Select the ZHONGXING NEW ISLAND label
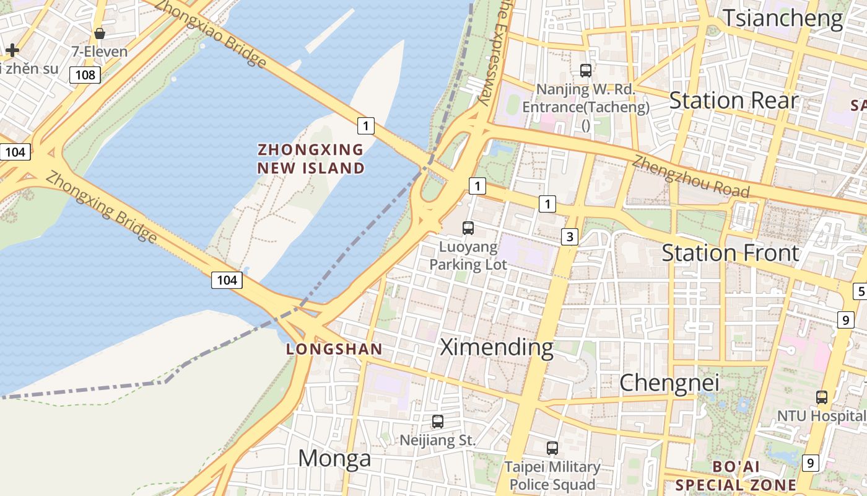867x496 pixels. (311, 159)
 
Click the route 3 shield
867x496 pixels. (570, 236)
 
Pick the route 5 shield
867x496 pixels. (860, 291)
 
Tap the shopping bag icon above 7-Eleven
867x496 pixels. (99, 33)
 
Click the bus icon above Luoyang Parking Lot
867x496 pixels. (468, 228)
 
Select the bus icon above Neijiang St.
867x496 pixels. (438, 422)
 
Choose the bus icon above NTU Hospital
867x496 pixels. (822, 397)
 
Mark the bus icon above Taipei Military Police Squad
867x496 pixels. (552, 448)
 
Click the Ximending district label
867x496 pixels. (497, 347)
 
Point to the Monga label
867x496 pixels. (334, 458)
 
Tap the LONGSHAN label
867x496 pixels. (334, 349)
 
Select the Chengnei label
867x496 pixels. (669, 383)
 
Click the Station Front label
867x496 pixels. (731, 253)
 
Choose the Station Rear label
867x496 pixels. (734, 100)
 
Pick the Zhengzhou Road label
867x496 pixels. (691, 177)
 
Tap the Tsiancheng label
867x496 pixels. (783, 18)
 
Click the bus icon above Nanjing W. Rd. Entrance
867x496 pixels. (586, 71)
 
